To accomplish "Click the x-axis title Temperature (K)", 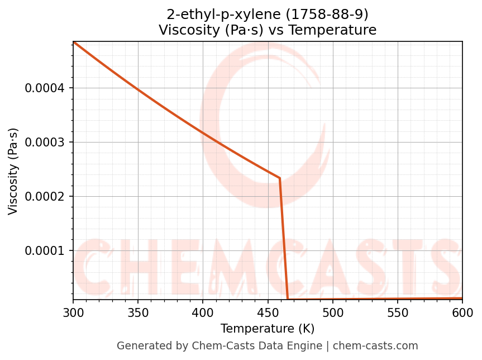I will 268,329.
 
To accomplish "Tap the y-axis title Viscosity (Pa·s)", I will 13,171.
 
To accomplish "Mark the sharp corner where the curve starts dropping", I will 280,178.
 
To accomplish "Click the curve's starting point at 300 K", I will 74,42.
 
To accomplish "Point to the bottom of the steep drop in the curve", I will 288,299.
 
